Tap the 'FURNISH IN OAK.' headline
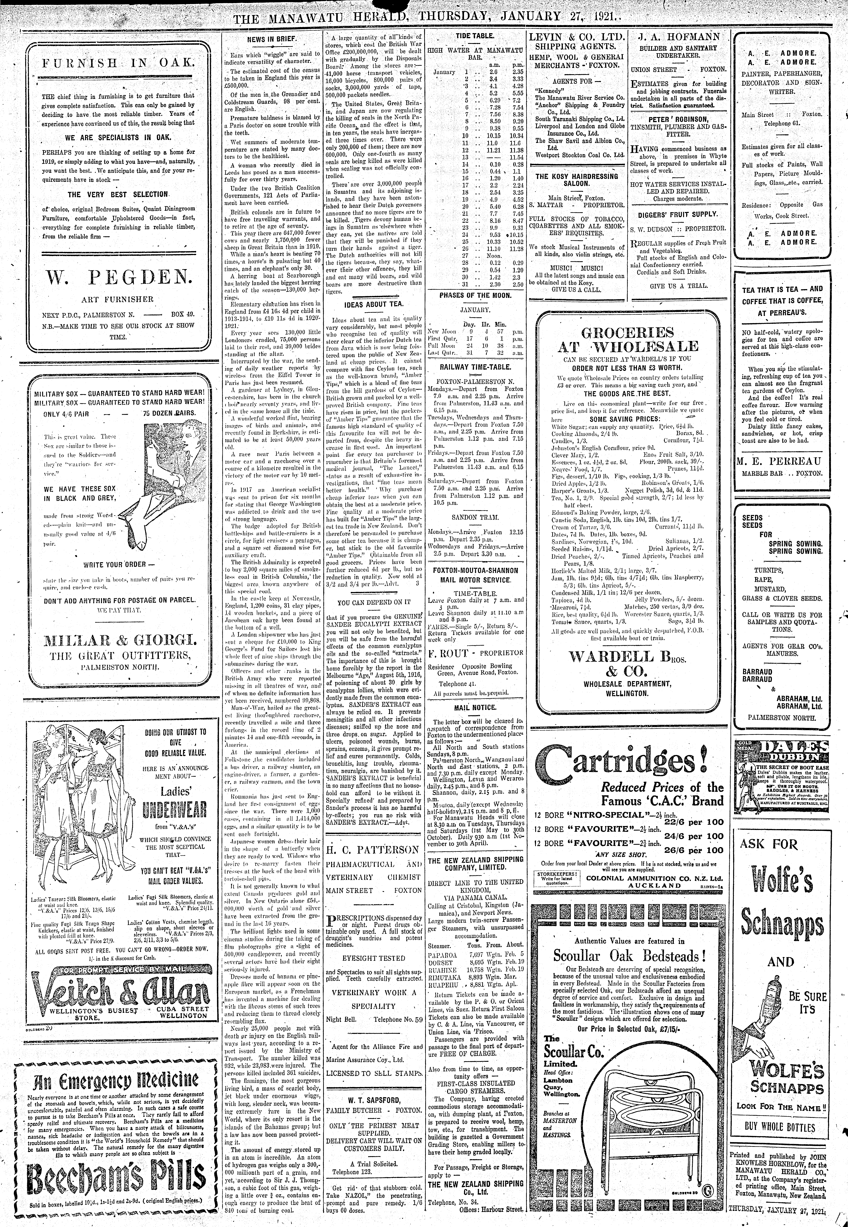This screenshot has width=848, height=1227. point(118,63)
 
